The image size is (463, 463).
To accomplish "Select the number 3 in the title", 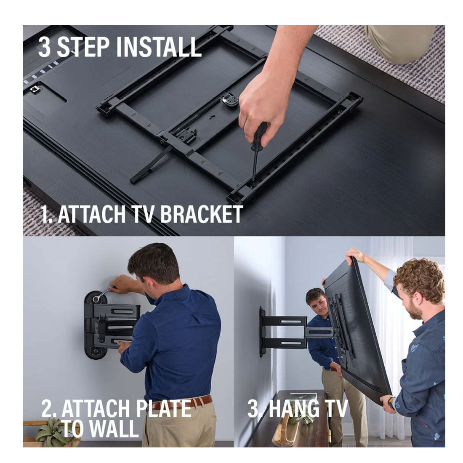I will click(45, 47).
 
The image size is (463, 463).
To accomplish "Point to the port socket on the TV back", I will click(35, 90).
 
